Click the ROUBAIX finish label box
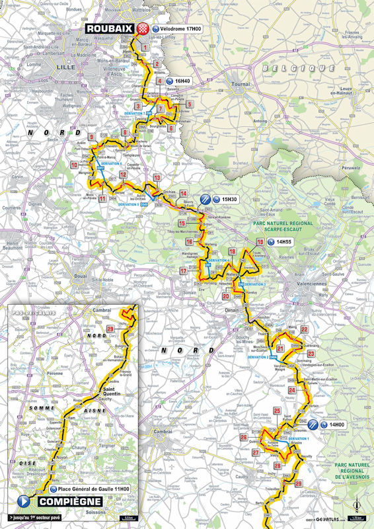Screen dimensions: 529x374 [109, 28]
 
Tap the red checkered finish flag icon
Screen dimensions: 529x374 [143, 28]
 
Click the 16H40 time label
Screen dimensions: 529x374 [182, 81]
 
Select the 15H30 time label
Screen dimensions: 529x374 [229, 199]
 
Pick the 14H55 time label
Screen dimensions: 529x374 [283, 243]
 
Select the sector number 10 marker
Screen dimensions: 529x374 [73, 165]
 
